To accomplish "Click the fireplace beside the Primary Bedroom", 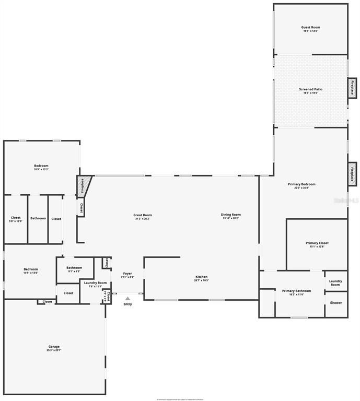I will point(353,173).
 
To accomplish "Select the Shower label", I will point(335,302).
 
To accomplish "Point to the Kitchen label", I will point(201,278).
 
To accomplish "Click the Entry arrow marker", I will point(127,299).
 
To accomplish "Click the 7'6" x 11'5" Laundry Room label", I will point(95,284).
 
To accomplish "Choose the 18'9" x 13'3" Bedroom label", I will point(41,167).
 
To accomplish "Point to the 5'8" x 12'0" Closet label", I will point(16,219).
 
